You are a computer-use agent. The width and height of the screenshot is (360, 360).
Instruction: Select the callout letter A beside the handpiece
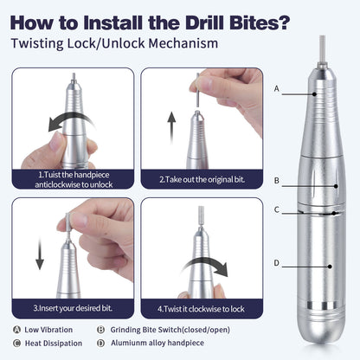click(x=276, y=88)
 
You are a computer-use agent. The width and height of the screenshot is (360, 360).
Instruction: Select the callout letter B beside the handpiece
click(x=276, y=180)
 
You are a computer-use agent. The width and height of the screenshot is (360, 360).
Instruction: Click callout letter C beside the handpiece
click(x=276, y=209)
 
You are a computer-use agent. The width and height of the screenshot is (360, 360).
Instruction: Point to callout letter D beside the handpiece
click(x=276, y=263)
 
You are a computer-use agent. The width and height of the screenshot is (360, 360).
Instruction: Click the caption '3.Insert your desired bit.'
click(x=72, y=307)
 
